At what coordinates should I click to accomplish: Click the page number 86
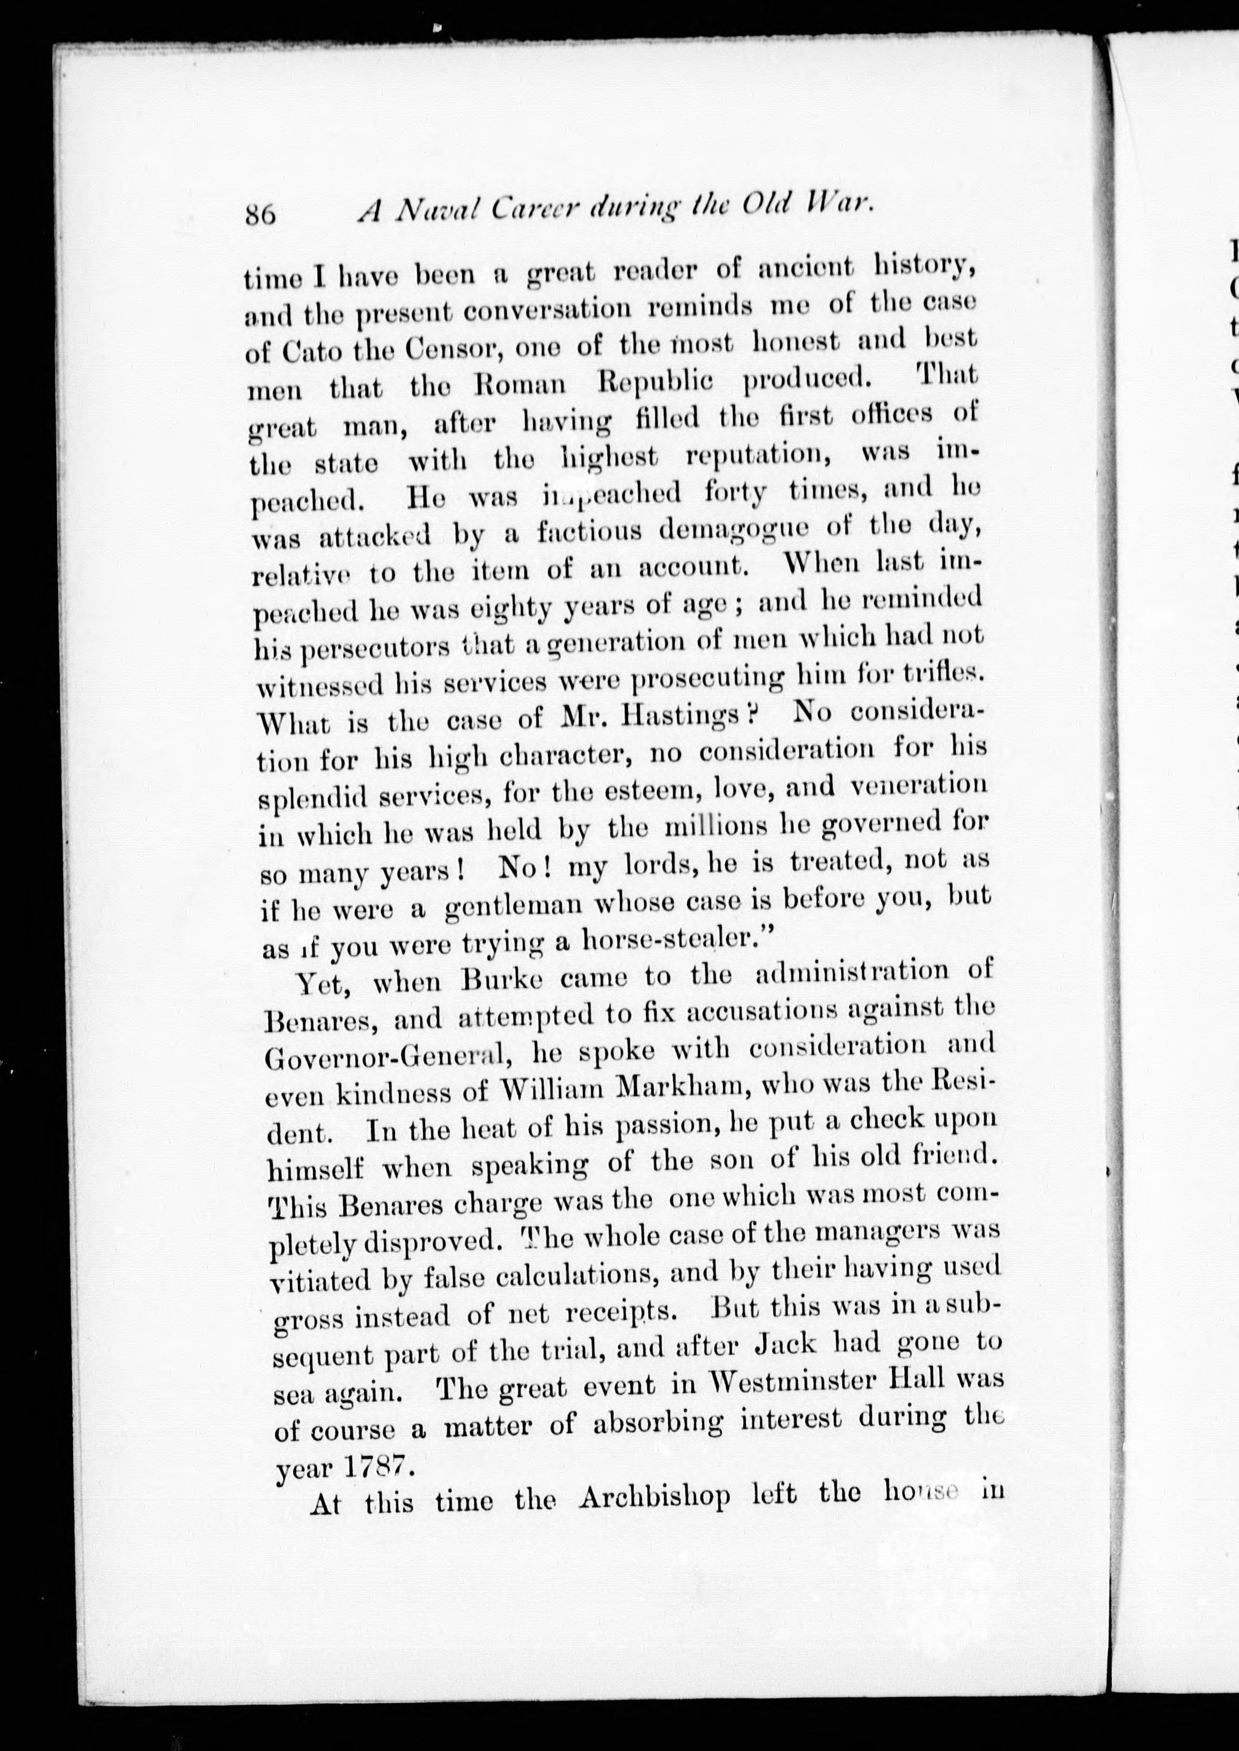pos(259,214)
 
